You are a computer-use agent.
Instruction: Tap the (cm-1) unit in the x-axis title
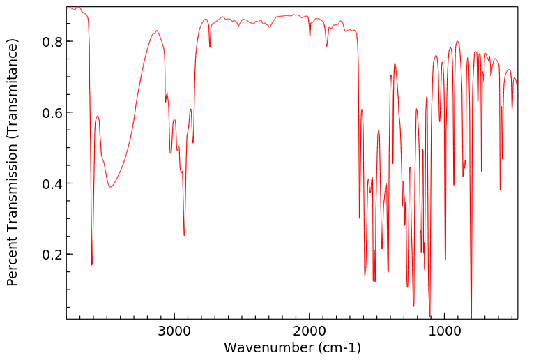click(339, 347)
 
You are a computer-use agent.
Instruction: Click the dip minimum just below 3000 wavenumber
click(184, 235)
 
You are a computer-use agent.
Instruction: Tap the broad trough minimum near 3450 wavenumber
click(110, 187)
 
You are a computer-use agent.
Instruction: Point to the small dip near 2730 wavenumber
click(210, 47)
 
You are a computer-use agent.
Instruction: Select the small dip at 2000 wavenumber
click(310, 36)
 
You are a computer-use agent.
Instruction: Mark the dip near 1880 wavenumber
click(326, 46)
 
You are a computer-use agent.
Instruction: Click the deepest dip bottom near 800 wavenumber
click(471, 317)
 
